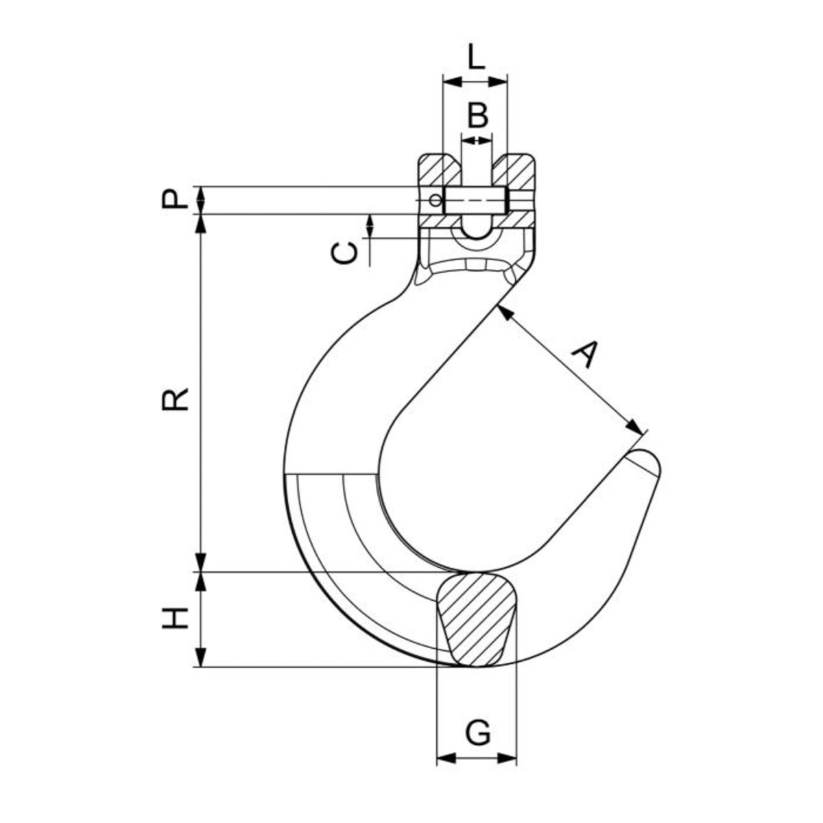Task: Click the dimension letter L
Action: [x=476, y=56]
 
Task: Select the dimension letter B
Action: [x=477, y=115]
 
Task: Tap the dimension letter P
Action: [x=175, y=199]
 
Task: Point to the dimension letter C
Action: [x=344, y=254]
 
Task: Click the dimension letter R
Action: [x=175, y=399]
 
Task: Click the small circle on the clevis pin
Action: [x=436, y=200]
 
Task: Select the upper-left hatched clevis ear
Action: [x=439, y=170]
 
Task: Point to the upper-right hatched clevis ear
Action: [x=514, y=170]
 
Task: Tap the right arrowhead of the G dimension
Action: [x=508, y=770]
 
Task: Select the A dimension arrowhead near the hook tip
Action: [x=634, y=427]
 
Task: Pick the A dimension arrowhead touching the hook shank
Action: [x=506, y=313]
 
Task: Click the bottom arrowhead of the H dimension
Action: [x=201, y=656]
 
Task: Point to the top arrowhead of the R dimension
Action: [x=201, y=224]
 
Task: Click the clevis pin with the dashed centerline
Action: [x=477, y=200]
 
